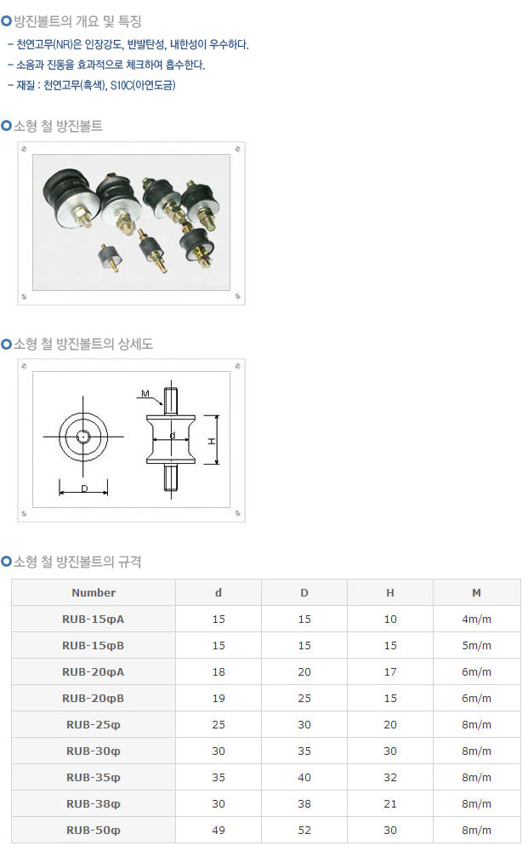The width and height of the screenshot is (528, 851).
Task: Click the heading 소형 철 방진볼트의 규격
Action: (x=77, y=561)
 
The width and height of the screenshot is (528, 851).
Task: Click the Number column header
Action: (x=94, y=592)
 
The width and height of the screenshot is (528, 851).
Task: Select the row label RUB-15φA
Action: (x=94, y=620)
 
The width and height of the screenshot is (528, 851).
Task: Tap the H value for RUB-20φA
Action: (x=390, y=672)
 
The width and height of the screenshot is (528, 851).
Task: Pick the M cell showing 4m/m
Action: (x=476, y=620)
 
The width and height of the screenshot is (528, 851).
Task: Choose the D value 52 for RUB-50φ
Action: (x=304, y=831)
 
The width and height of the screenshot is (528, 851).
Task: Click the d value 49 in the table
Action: (x=219, y=831)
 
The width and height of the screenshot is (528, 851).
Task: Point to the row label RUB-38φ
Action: (x=94, y=804)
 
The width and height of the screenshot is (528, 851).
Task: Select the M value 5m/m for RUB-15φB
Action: (x=476, y=646)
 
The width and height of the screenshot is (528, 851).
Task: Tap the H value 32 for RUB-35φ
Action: (x=390, y=778)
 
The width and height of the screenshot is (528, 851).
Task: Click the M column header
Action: (x=476, y=592)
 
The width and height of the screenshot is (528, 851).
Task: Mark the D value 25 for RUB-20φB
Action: (x=304, y=699)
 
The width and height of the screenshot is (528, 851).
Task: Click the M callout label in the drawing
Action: (x=145, y=393)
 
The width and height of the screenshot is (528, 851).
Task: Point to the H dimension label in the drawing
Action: (x=212, y=442)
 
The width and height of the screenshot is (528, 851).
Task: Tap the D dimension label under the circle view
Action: (x=84, y=488)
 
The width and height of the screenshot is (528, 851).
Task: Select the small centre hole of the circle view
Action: (x=83, y=437)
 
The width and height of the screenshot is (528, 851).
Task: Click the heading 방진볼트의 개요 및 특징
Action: (x=77, y=21)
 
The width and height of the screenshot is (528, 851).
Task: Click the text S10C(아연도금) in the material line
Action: (x=143, y=85)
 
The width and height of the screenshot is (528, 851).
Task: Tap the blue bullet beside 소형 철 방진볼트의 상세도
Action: (x=7, y=344)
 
